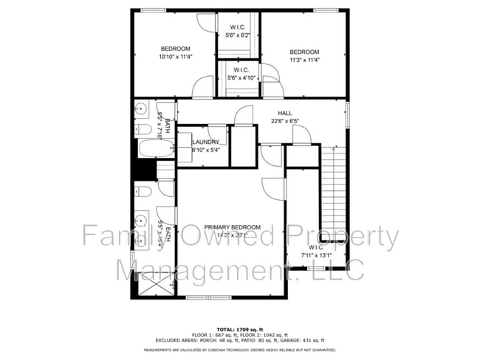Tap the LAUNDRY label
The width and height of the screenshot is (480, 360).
(205, 142)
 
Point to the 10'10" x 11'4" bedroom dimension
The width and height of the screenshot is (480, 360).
(175, 56)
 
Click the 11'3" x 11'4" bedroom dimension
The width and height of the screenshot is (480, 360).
(304, 60)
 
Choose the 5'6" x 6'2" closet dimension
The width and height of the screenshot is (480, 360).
(237, 35)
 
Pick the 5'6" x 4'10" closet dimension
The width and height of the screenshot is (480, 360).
(239, 78)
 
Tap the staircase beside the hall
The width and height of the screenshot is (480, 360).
(336, 184)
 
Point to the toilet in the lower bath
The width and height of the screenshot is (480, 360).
(144, 192)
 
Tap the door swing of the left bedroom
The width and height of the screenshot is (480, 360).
(202, 89)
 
